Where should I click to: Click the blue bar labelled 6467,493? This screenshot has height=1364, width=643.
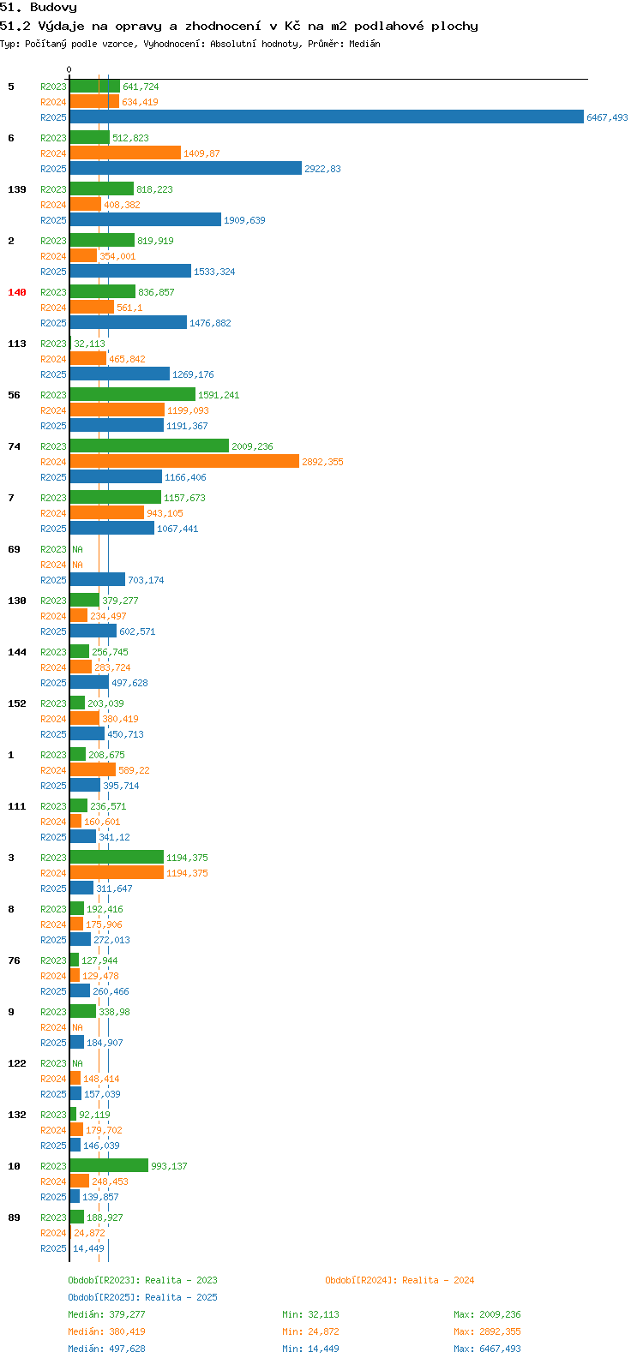(327, 117)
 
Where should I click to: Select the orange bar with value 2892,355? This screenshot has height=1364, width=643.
(184, 462)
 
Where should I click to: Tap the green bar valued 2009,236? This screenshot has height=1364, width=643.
(149, 446)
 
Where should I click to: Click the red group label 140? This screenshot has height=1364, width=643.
(17, 292)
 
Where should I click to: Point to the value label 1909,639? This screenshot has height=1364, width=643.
(244, 220)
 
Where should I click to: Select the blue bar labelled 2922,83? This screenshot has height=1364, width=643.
(186, 169)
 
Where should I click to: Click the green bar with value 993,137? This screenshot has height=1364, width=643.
(109, 1165)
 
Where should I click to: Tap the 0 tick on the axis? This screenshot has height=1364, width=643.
(69, 69)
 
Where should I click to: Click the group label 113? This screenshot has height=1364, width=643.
(17, 344)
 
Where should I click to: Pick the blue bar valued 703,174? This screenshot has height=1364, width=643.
(98, 580)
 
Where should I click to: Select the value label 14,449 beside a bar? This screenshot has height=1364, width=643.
(88, 1247)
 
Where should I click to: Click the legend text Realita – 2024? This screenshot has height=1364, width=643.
(438, 1280)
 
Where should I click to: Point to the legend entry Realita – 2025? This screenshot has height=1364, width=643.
(181, 1297)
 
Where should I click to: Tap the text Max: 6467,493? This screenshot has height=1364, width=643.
(487, 1349)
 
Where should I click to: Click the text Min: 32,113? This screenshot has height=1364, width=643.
(311, 1314)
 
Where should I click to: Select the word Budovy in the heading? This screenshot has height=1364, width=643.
(54, 8)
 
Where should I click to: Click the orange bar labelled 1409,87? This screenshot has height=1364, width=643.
(125, 153)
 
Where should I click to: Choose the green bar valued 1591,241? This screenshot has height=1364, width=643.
(133, 395)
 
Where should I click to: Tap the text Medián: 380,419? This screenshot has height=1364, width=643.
(106, 1331)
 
